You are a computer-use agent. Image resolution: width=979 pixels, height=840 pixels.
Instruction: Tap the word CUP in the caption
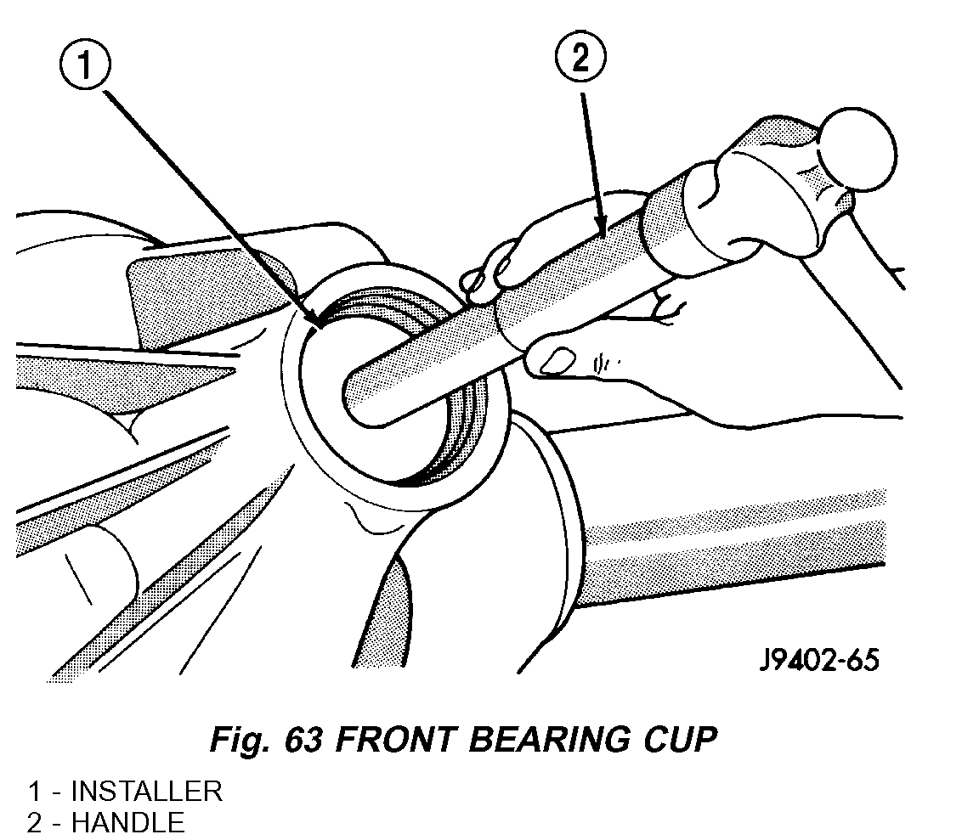682,740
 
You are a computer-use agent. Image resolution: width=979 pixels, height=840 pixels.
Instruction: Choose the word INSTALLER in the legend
146,792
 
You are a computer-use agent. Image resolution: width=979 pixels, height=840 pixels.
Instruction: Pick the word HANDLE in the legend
127,822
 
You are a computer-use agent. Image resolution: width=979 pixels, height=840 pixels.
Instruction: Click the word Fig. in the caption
241,740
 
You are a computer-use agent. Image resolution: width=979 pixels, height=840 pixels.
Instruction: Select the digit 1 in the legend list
35,792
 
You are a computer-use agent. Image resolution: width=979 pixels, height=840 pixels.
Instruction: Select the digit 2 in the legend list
35,822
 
